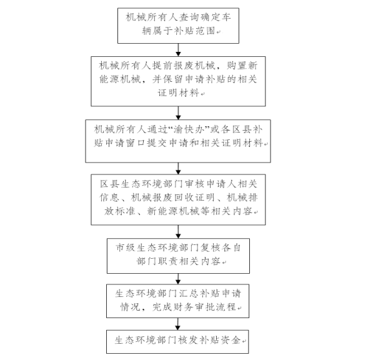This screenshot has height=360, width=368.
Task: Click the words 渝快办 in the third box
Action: pyautogui.click(x=189, y=129)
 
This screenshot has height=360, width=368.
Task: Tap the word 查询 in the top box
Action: pyautogui.click(x=189, y=17)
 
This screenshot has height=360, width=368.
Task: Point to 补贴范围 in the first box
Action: pyautogui.click(x=194, y=31)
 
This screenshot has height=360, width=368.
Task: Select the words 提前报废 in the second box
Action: pyautogui.click(x=173, y=65)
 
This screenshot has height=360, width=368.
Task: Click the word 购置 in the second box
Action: pyautogui.click(x=236, y=65)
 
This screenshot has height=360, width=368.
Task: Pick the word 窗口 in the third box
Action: pyautogui.click(x=136, y=142)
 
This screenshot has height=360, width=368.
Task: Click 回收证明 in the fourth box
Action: pyautogui.click(x=194, y=197)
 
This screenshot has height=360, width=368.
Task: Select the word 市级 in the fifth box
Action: pyautogui.click(x=126, y=247)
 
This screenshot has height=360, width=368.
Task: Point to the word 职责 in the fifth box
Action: pyautogui.click(x=168, y=261)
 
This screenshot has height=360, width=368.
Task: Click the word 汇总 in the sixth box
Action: pyautogui.click(x=188, y=293)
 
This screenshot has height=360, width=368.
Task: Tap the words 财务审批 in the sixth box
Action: pyautogui.click(x=194, y=307)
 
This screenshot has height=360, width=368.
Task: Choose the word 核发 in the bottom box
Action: pyautogui.click(x=188, y=340)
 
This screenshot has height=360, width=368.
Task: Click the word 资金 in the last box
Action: pyautogui.click(x=231, y=340)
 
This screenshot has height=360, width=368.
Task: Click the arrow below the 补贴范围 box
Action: pyautogui.click(x=178, y=50)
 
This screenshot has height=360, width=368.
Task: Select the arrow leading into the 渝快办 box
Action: pyautogui.click(x=178, y=113)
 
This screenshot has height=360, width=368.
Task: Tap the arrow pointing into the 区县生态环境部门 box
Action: pyautogui.click(x=178, y=168)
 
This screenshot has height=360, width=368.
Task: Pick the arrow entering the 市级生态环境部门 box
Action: pyautogui.click(x=178, y=232)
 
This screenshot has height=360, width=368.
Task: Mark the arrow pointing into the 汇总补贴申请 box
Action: pyautogui.click(x=178, y=279)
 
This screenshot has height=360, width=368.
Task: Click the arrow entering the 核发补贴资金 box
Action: pyautogui.click(x=177, y=324)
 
